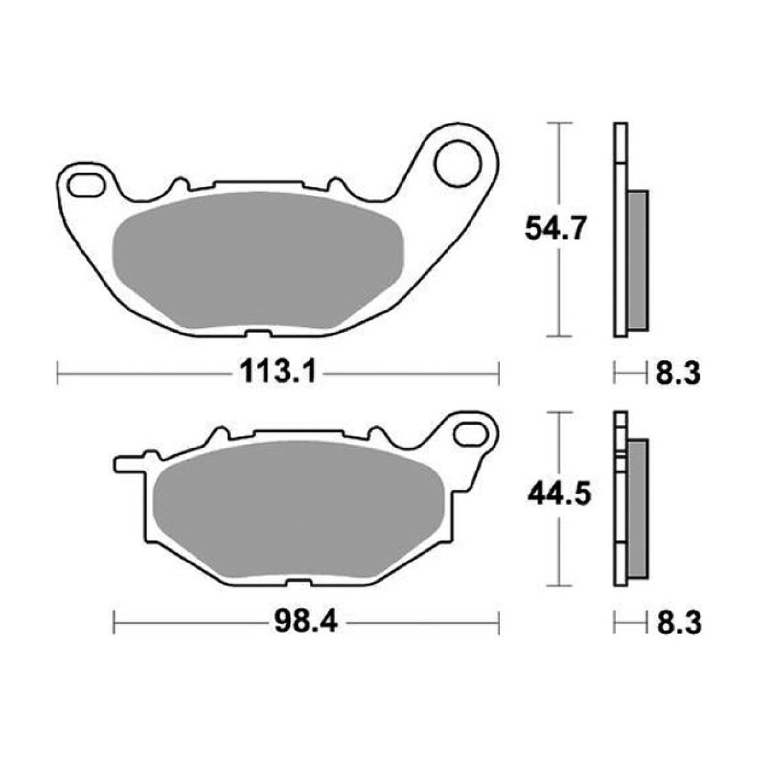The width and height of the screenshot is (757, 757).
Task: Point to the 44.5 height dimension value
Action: (x=557, y=496)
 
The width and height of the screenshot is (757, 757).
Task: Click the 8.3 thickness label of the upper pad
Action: (x=677, y=375)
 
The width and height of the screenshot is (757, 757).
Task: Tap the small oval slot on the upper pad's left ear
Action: (x=88, y=184)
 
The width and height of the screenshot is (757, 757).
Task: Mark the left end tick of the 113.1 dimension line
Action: (x=57, y=375)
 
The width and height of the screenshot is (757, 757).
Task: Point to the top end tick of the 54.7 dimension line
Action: (x=559, y=124)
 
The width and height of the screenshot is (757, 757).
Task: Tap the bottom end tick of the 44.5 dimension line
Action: (x=559, y=586)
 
